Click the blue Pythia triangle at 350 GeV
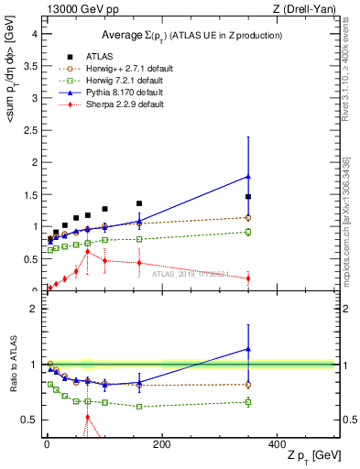(248, 176)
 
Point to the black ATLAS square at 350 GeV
(248, 197)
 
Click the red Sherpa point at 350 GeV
(248, 278)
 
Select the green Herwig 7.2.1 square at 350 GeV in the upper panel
(248, 232)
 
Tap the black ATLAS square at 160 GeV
(139, 203)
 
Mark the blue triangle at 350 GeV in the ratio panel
(248, 348)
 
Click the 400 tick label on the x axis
(277, 444)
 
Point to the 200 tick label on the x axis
(161, 444)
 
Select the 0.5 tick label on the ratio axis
(30, 420)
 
